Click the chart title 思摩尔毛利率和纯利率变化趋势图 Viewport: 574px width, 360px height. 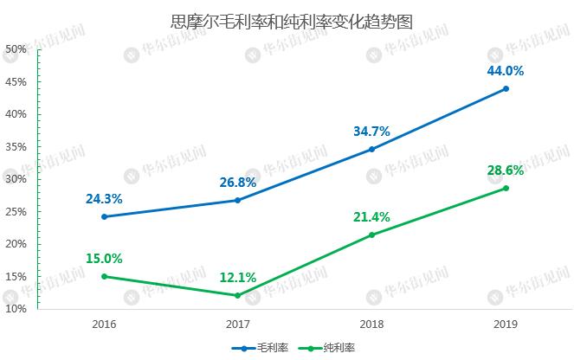pyautogui.click(x=287, y=20)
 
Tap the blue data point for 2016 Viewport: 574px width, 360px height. pyautogui.click(x=104, y=216)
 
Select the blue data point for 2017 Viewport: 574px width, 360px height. pyautogui.click(x=238, y=200)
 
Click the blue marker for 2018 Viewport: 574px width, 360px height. pyautogui.click(x=371, y=149)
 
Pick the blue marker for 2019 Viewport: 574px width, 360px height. pyautogui.click(x=506, y=88)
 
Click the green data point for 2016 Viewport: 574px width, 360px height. pyautogui.click(x=104, y=276)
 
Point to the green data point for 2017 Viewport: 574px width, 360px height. pyautogui.click(x=238, y=295)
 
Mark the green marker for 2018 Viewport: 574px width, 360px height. pyautogui.click(x=371, y=235)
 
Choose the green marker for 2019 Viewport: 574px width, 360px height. pyautogui.click(x=506, y=188)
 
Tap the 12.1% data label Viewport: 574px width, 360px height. pyautogui.click(x=238, y=277)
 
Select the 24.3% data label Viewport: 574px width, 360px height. pyautogui.click(x=104, y=198)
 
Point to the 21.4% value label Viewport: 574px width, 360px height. pyautogui.click(x=371, y=216)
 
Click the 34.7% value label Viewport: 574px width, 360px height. pyautogui.click(x=371, y=132)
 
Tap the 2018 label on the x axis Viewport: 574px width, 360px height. pyautogui.click(x=371, y=324)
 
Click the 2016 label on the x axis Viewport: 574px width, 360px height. pyautogui.click(x=104, y=324)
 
